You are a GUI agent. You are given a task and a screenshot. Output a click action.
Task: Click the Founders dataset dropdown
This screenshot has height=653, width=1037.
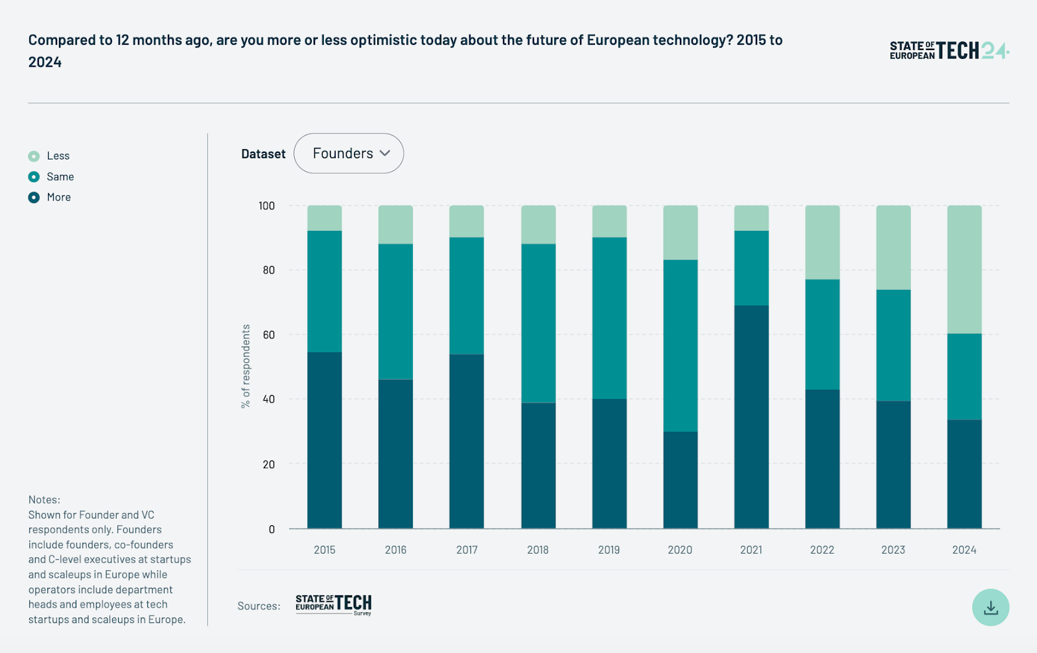click(349, 154)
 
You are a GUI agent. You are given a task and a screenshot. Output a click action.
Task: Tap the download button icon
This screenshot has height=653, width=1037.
click(990, 608)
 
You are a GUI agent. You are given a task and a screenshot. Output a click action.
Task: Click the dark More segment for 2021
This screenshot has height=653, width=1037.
click(751, 416)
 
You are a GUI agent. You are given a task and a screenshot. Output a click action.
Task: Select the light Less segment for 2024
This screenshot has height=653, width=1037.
click(964, 269)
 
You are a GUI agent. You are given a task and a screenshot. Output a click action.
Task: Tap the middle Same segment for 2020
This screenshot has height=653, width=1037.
click(680, 346)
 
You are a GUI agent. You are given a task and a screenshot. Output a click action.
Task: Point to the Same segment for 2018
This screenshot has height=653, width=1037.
click(538, 323)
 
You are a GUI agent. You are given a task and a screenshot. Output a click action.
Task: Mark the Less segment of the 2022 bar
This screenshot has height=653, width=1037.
click(822, 243)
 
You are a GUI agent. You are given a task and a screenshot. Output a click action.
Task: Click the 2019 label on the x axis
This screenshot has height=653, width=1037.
click(609, 550)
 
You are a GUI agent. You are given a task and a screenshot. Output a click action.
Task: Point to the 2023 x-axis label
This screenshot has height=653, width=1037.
click(892, 550)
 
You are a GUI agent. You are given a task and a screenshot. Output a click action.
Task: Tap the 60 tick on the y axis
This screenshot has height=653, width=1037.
click(268, 335)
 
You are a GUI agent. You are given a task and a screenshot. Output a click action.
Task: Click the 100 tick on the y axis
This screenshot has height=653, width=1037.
click(266, 206)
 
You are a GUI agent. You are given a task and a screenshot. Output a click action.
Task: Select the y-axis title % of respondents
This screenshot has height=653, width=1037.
click(246, 366)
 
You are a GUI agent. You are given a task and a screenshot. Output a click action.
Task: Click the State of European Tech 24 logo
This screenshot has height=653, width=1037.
click(949, 51)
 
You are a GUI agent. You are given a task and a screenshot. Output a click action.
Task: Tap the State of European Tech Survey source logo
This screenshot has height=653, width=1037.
click(333, 604)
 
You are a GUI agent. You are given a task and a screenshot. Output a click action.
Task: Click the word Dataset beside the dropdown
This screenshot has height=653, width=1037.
click(263, 154)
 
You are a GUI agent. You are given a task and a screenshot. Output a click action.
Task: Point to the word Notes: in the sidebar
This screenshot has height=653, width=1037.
click(44, 500)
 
